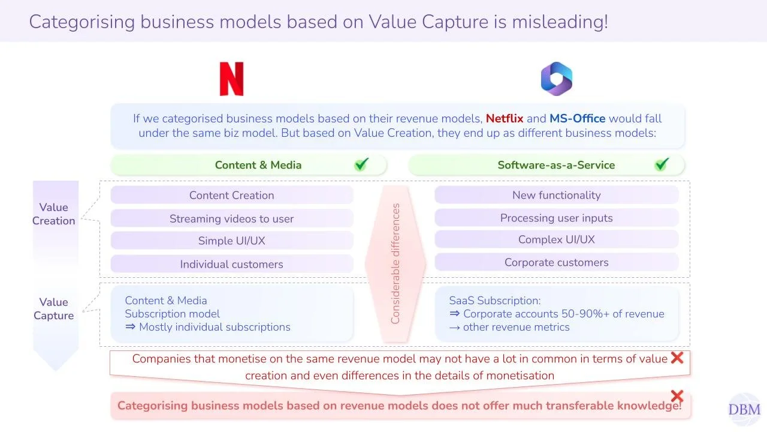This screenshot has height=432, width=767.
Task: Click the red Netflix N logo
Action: (x=231, y=79)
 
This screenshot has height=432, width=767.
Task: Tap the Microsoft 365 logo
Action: (x=557, y=79)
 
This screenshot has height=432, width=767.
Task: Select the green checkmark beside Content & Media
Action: (x=361, y=164)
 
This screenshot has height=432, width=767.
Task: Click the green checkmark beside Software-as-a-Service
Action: (x=662, y=164)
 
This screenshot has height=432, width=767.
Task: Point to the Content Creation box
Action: (x=232, y=195)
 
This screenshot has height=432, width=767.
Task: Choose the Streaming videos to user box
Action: (x=232, y=218)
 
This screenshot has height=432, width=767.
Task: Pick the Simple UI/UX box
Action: (x=232, y=241)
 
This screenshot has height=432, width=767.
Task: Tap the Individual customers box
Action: (x=232, y=264)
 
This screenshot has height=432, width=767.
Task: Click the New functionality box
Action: (x=556, y=195)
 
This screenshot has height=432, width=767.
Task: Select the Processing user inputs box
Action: (x=556, y=218)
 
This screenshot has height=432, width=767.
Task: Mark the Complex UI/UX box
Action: (x=556, y=239)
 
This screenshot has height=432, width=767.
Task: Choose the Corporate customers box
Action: (x=556, y=262)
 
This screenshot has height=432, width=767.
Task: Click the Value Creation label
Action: (x=54, y=214)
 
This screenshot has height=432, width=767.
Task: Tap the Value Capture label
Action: (x=54, y=309)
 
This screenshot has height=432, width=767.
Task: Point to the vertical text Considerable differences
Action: (x=395, y=264)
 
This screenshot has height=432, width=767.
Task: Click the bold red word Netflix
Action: (x=505, y=119)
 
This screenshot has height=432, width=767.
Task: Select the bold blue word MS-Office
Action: (x=577, y=119)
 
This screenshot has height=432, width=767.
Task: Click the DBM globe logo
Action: (x=744, y=409)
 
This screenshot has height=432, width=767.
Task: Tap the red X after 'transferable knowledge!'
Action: (x=677, y=396)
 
